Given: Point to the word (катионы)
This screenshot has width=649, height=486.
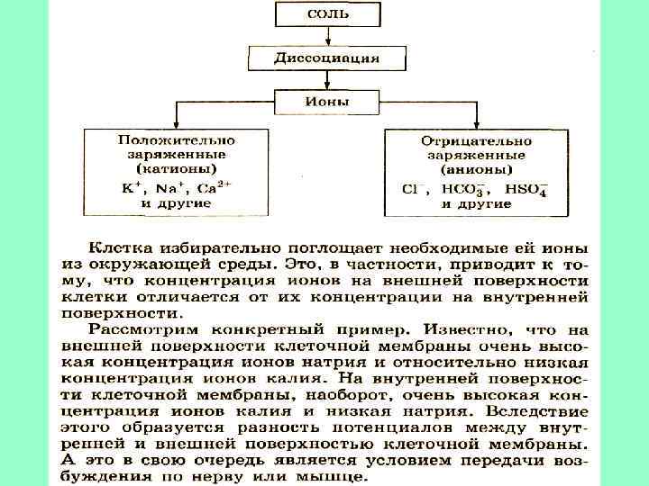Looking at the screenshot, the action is coord(176,169).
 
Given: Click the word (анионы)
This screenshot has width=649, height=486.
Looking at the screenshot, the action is coord(476,169).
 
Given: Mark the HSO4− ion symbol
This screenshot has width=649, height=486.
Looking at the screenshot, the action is coord(526,189).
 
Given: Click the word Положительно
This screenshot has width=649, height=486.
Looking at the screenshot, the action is coord(176,140).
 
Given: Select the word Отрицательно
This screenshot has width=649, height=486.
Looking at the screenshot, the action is coord(476,140).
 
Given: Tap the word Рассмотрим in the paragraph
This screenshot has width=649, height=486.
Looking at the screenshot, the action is coord(134,329).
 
